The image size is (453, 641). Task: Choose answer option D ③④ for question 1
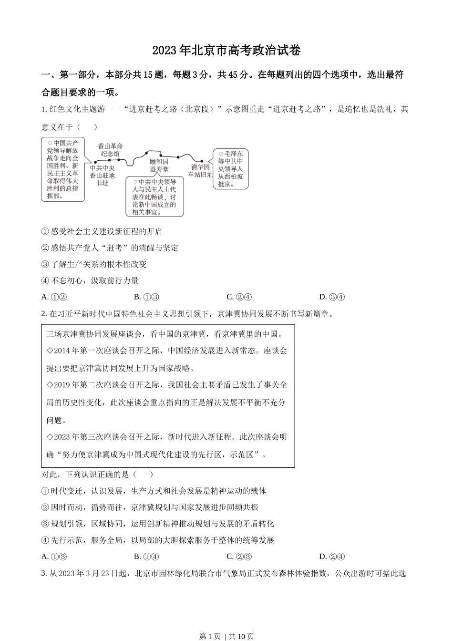pos(332,297)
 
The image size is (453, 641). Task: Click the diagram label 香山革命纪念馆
pos(110,150)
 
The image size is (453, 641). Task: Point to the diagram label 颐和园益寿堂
pos(159,165)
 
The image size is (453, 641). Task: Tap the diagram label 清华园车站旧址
pos(200,171)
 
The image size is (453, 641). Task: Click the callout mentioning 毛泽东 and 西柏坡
pos(231,168)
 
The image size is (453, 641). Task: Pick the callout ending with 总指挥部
pos(62,169)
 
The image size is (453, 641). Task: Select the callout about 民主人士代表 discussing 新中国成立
pos(154,196)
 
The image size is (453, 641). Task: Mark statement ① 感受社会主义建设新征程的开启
pos(102,231)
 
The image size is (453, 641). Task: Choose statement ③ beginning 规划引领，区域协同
pos(158,524)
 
